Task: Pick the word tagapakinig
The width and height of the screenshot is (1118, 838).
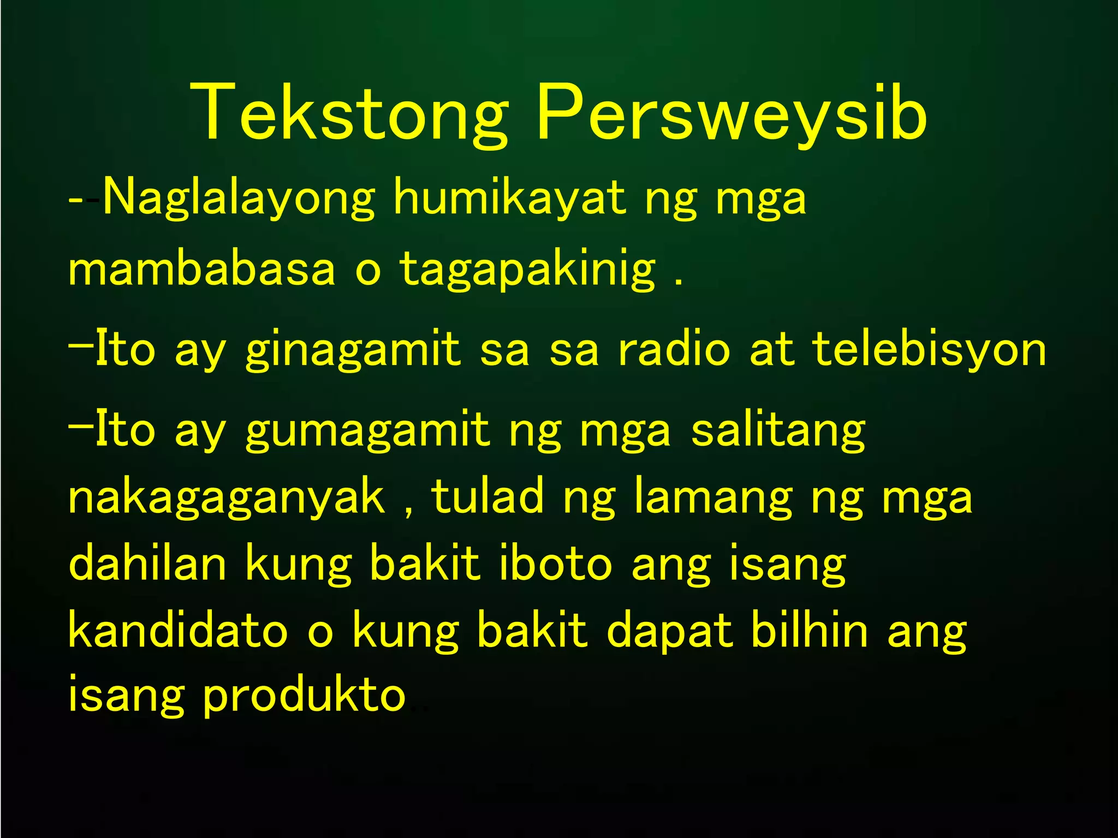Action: (527, 270)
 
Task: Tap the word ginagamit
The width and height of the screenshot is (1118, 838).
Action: (353, 350)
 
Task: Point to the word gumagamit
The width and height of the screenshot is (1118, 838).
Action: (367, 431)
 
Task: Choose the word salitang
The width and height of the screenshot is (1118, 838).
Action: (778, 431)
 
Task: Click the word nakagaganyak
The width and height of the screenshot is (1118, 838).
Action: (227, 498)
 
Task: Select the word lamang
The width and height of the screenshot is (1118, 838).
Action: (713, 498)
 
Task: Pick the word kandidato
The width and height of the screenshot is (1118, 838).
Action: (178, 631)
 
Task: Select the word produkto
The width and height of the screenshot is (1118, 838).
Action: (305, 696)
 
